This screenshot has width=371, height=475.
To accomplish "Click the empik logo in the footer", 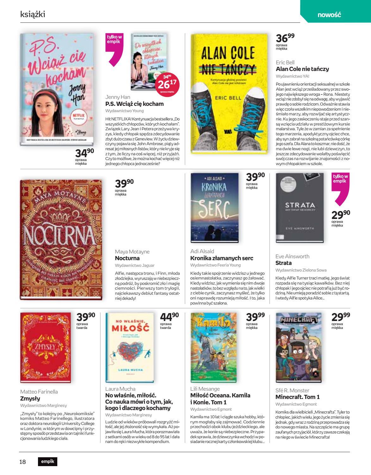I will pos(48,462).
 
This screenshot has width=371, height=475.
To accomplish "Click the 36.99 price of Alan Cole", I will pos(285,38).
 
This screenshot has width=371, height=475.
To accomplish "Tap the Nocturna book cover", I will pos(61,240).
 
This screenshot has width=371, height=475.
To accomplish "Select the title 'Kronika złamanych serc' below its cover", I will pos(222,258).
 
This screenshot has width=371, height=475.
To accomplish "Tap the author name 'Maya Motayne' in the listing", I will pos(132,252).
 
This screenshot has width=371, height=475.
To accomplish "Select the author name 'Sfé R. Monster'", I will pos(292,390).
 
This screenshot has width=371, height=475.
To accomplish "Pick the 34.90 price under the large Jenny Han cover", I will pos(84,153).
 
